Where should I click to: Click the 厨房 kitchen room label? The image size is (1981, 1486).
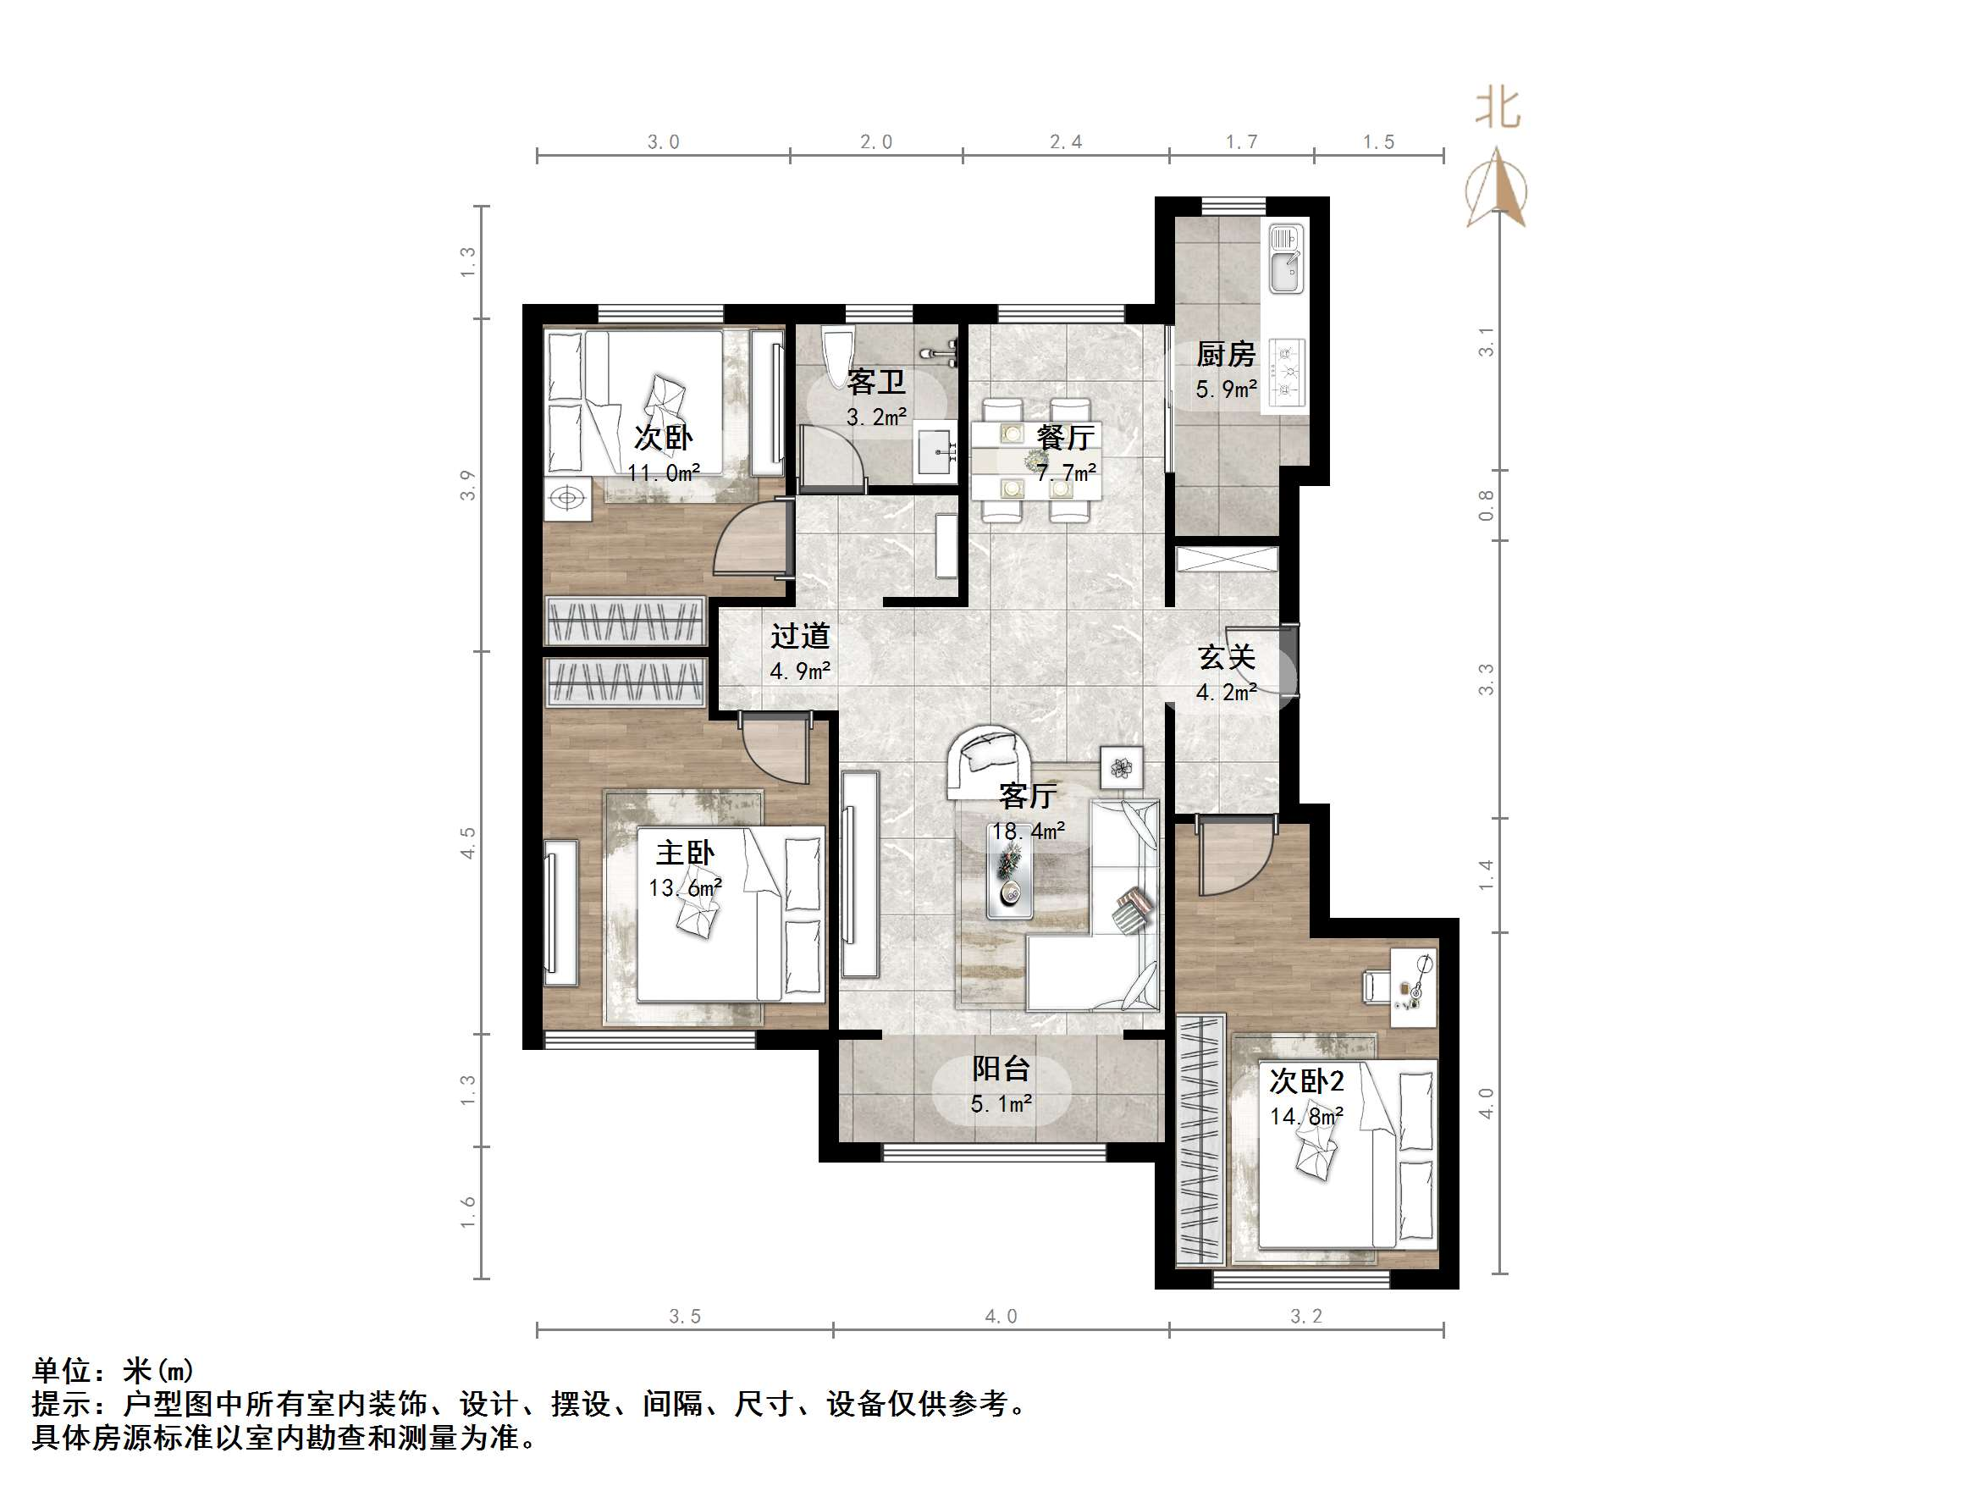click(x=1225, y=355)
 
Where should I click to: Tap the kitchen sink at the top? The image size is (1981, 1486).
click(x=1285, y=259)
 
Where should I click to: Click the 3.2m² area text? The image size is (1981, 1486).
click(x=877, y=417)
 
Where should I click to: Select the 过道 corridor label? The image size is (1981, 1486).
click(x=800, y=636)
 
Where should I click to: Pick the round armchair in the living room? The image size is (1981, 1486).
click(x=990, y=761)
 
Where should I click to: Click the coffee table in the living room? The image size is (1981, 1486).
click(x=1009, y=870)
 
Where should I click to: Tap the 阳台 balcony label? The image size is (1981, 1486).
click(x=1002, y=1068)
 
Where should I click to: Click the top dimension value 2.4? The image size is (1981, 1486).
click(x=1066, y=141)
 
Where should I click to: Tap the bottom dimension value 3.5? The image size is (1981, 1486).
click(x=685, y=1317)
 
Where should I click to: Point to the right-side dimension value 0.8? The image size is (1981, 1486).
click(x=1487, y=505)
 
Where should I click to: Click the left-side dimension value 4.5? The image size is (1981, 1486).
click(x=467, y=842)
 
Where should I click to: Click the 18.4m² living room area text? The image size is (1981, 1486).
click(x=1028, y=831)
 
